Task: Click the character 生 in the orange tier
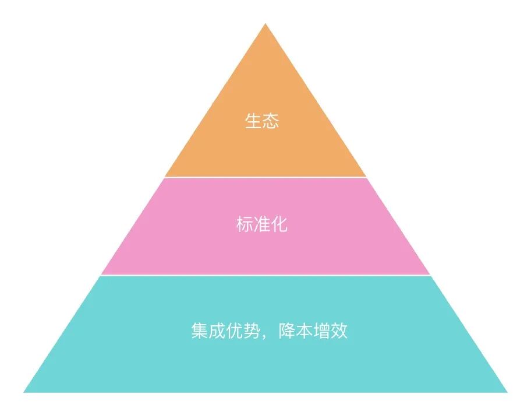253,122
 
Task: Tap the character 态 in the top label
271,122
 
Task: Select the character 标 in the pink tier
245,225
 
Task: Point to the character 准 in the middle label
263,225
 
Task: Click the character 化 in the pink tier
280,225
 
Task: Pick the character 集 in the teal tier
199,332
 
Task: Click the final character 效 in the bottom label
339,332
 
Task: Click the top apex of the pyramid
265,24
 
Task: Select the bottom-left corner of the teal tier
24,392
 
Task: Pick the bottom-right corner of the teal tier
507,392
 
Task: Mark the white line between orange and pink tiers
265,177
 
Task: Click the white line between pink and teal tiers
265,275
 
